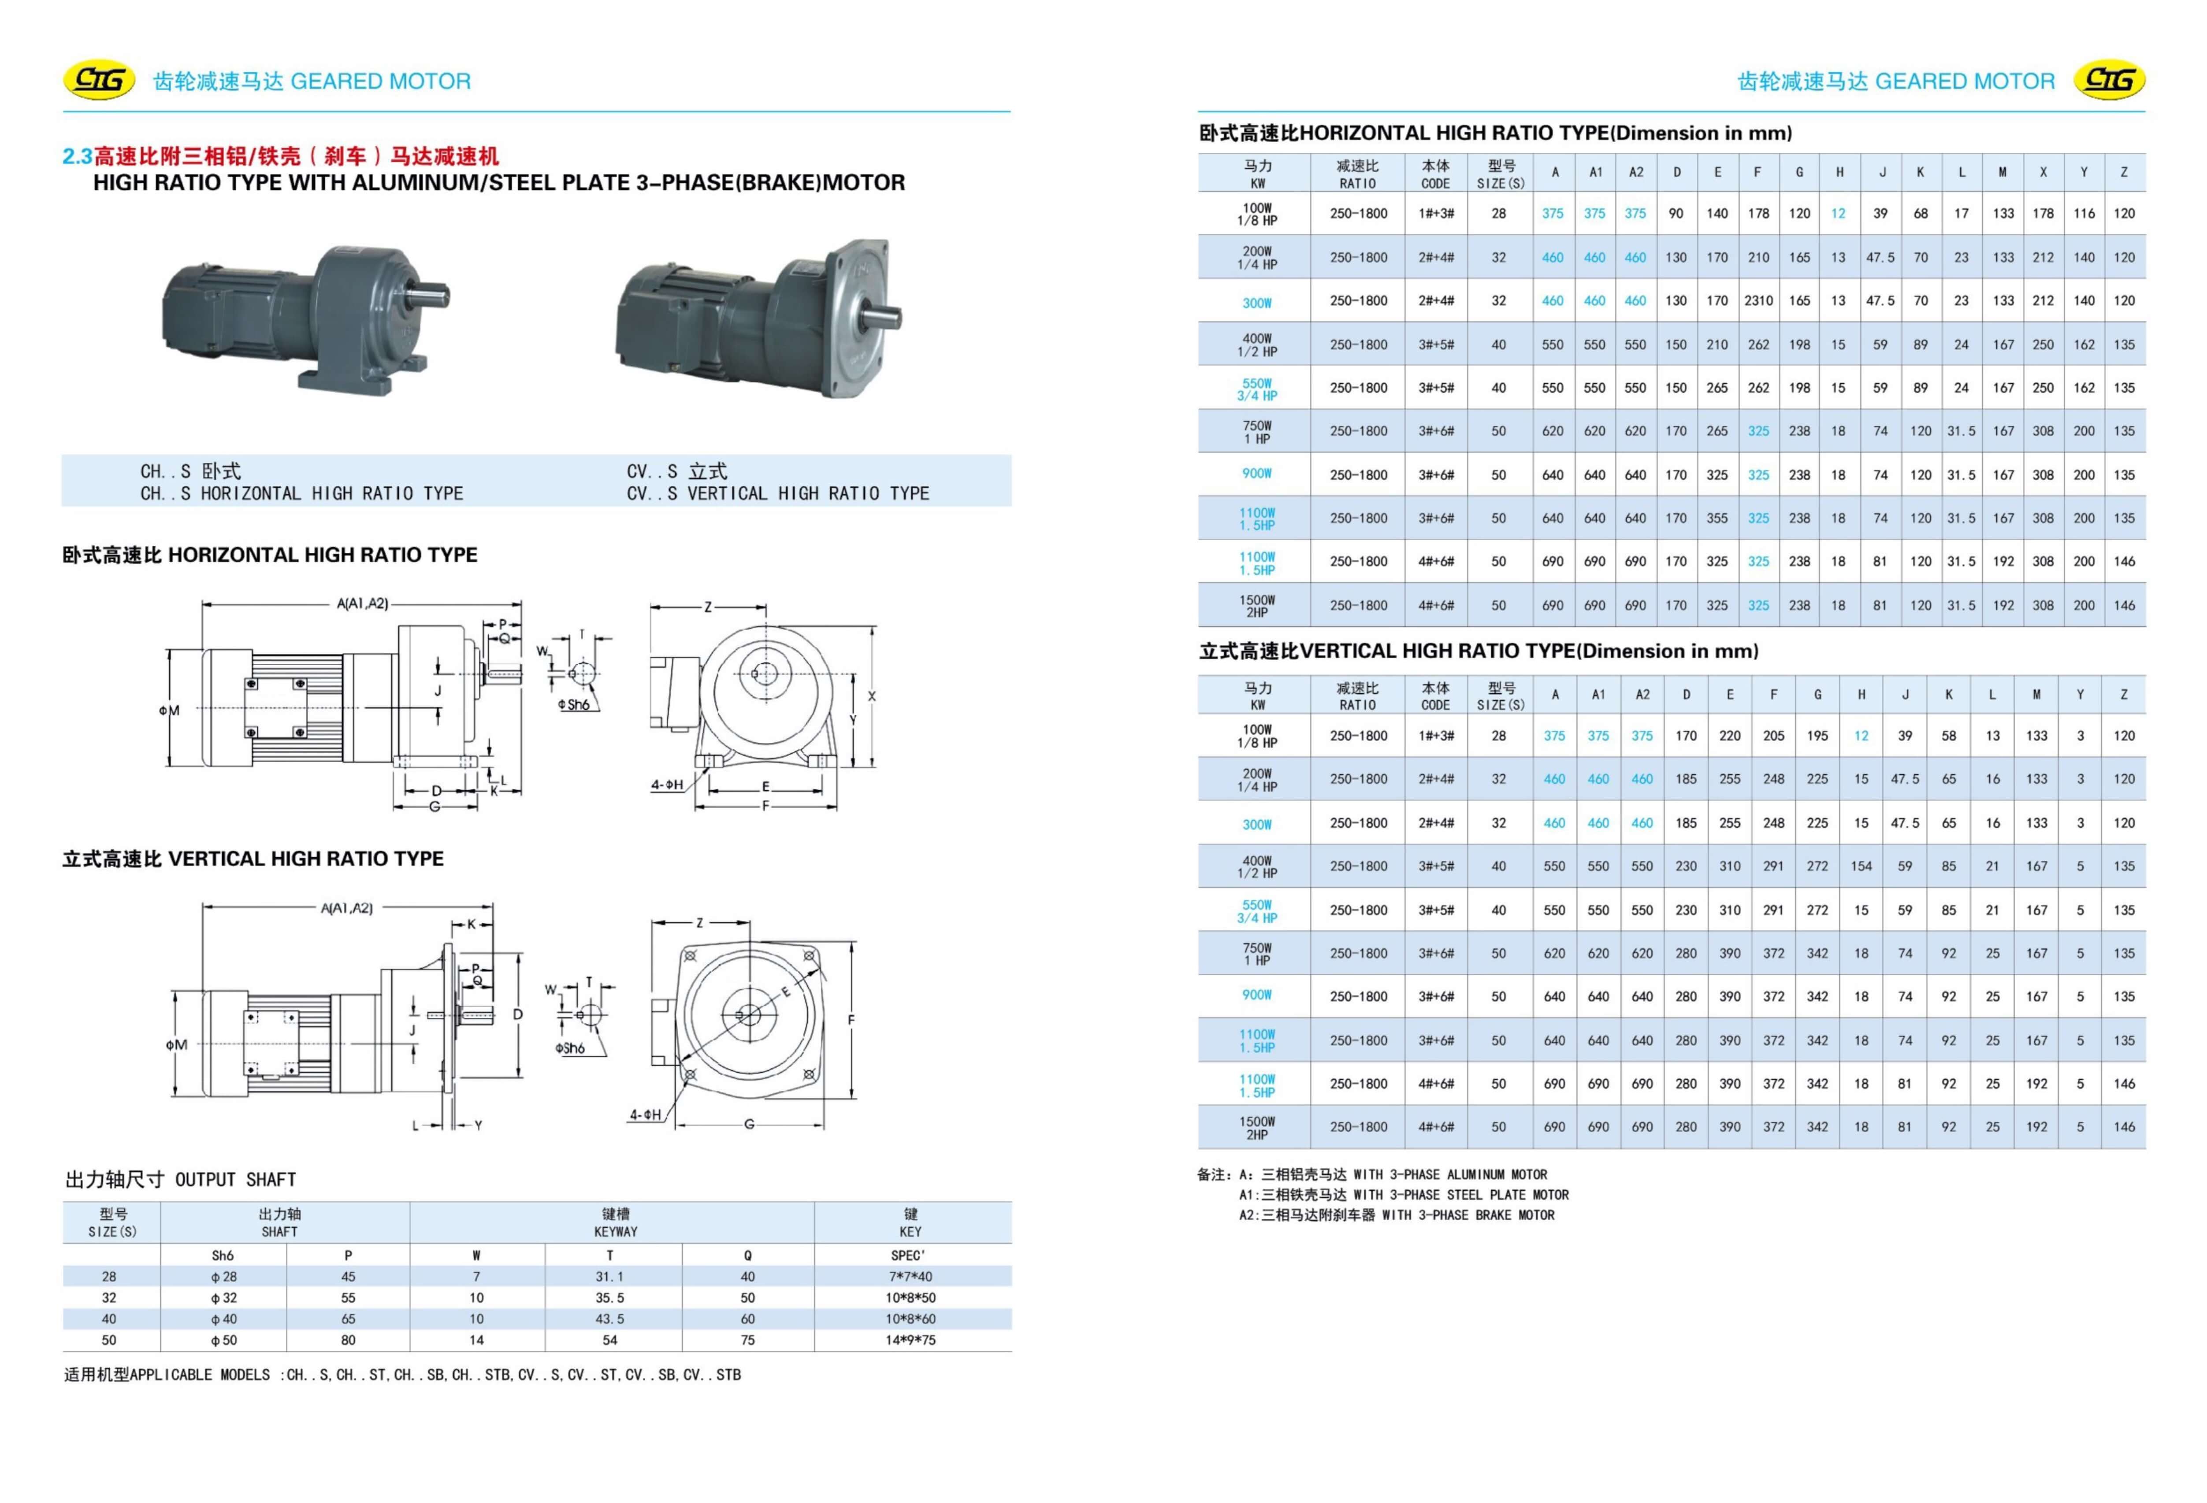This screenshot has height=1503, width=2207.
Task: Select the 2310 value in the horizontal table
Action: coord(1758,301)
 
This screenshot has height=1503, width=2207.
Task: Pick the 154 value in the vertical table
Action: coord(1860,866)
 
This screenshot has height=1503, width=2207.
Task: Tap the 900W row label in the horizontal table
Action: coord(1256,474)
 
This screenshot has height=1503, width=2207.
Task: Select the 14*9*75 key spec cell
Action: coord(910,1340)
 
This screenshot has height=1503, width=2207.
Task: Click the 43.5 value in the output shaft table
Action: coord(609,1319)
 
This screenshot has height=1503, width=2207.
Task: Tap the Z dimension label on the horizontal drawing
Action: coord(707,607)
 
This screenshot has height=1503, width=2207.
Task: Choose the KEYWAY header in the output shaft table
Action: coord(615,1222)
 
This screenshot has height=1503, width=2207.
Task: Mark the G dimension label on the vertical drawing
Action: coord(749,1124)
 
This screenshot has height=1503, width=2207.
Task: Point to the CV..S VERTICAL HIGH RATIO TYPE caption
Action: coord(777,493)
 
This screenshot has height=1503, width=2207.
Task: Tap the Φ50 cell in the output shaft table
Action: coord(223,1340)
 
